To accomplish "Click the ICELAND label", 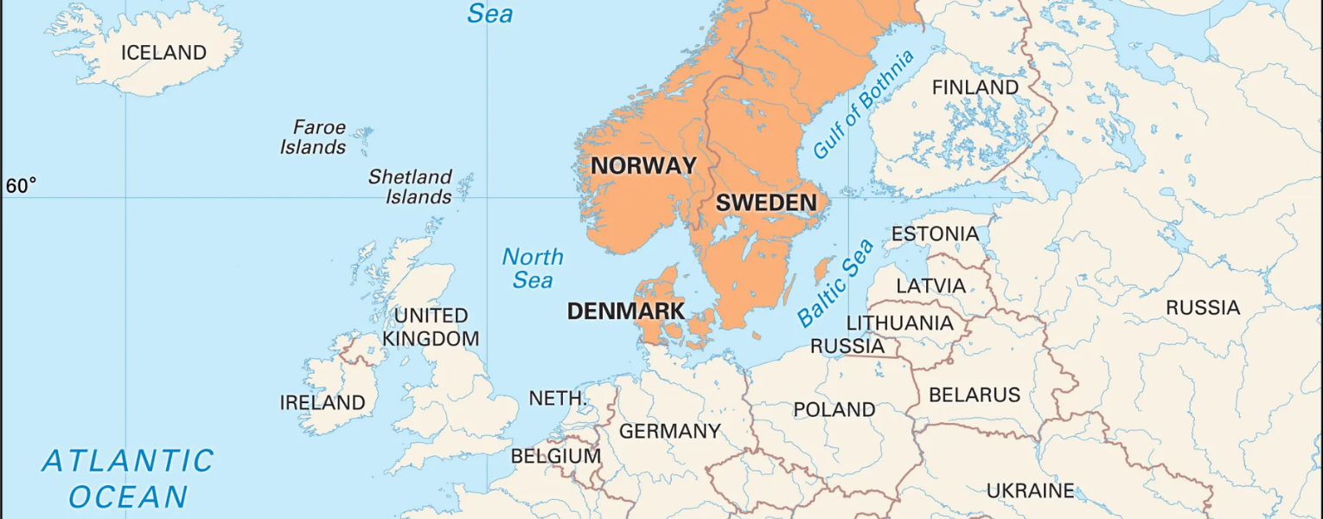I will click(163, 53).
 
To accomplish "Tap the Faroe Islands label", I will click(314, 138).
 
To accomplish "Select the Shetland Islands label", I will click(411, 187).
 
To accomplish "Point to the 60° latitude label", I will click(22, 186).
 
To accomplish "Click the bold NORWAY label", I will click(643, 165).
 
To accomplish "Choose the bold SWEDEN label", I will click(766, 204).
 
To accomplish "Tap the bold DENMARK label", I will click(626, 311).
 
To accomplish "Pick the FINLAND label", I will click(975, 88).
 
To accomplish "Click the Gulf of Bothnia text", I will click(862, 105).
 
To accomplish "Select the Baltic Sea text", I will click(834, 283).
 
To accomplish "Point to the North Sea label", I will click(533, 268).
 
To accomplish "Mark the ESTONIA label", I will click(935, 234).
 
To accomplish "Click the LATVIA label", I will click(930, 286).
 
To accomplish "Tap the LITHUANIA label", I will click(899, 324).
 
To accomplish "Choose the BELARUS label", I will click(975, 395).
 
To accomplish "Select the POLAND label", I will click(834, 409).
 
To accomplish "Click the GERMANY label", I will click(669, 431).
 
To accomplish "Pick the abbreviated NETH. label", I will click(558, 399).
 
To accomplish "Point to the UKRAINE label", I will click(1031, 491).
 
